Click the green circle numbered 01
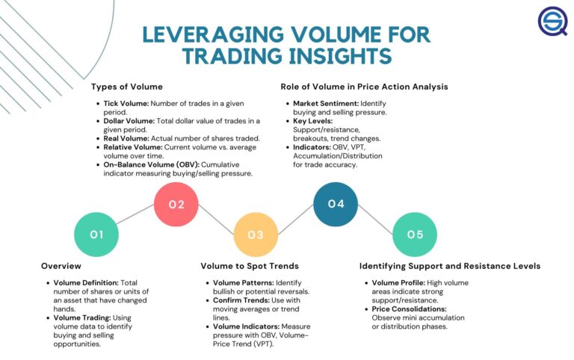click(96, 235)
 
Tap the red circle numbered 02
click(176, 204)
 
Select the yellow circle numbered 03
click(256, 235)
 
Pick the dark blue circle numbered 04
click(336, 204)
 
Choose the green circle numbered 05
click(415, 235)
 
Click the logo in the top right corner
click(553, 22)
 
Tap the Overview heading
click(61, 266)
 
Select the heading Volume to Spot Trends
click(250, 266)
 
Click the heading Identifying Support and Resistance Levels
click(449, 266)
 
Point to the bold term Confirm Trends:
click(238, 300)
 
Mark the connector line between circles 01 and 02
click(136, 220)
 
